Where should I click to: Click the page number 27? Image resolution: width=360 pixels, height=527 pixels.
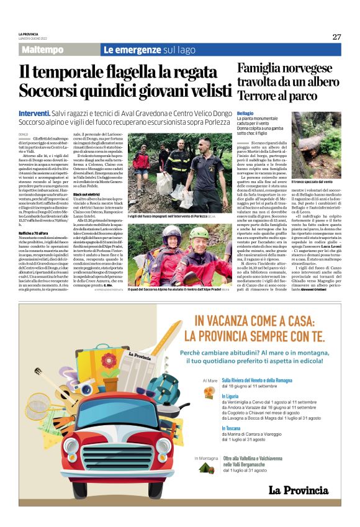(336, 37)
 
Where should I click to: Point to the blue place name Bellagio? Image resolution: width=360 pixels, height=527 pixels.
(246, 113)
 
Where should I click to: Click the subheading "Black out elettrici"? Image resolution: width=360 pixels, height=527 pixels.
(87, 212)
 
